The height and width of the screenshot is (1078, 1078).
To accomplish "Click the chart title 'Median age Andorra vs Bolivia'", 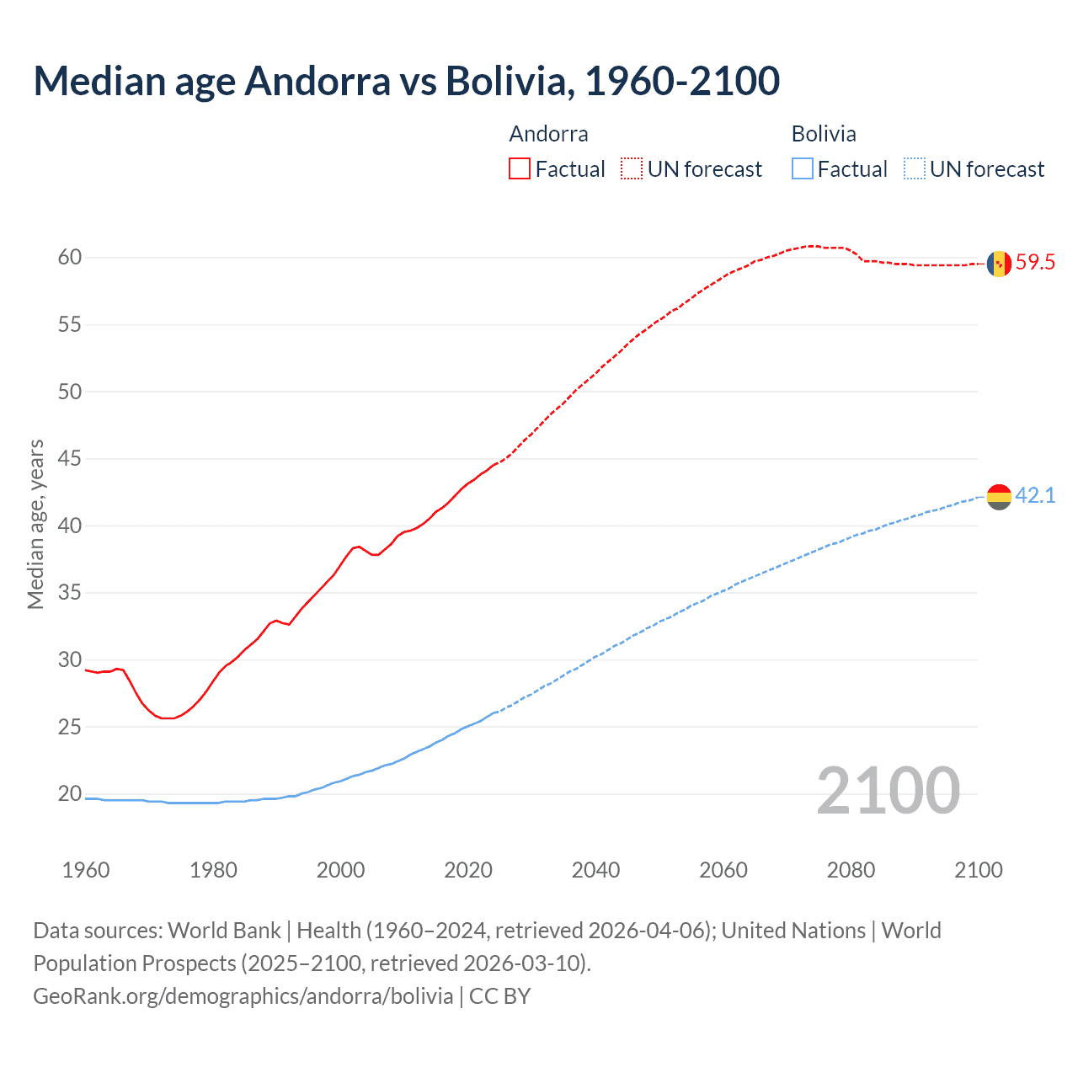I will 406,81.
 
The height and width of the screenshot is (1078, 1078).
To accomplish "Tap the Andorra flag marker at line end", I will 999,264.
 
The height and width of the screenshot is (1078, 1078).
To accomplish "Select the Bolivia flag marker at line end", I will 999,497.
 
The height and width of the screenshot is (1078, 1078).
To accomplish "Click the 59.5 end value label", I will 1035,262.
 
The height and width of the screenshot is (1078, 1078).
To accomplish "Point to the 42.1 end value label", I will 1035,495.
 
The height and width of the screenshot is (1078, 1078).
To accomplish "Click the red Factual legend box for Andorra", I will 520,169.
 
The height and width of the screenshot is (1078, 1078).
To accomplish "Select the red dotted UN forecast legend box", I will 632,169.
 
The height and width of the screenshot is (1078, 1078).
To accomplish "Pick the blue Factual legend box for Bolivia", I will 803,169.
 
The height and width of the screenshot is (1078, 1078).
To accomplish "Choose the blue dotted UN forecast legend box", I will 915,169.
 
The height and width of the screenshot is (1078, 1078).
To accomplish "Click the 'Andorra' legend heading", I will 548,134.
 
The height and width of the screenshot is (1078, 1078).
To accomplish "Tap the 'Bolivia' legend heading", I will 824,134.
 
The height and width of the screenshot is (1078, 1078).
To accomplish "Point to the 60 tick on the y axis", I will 70,258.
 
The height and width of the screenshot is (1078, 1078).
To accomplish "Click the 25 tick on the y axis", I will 70,727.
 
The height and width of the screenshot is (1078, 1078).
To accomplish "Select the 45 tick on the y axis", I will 70,459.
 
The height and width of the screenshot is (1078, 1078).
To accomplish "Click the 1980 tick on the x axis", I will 213,870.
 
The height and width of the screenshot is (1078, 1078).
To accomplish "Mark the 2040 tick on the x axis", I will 595,870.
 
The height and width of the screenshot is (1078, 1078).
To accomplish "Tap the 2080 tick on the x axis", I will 851,870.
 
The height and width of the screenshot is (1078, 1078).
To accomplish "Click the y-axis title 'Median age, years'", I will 35,524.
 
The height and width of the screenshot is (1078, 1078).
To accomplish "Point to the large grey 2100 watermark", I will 888,791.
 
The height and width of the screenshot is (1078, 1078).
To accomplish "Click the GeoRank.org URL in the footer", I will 243,996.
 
